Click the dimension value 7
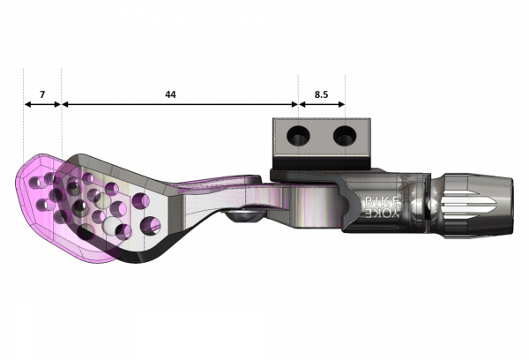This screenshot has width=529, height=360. coord(41,93)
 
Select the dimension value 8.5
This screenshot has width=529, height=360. coord(322,93)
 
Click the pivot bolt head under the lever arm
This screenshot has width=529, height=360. coord(241,214)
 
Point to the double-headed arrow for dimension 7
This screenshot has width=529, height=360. coord(41,104)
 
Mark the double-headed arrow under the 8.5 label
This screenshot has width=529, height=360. coord(322,104)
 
